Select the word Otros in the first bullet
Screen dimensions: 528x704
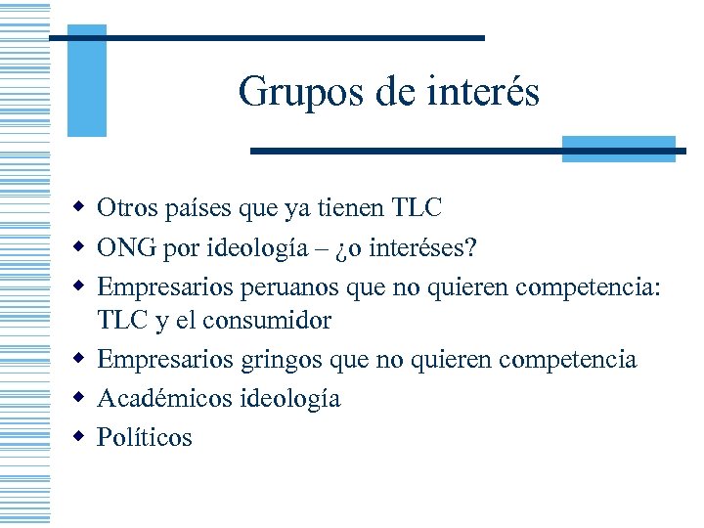point(124,208)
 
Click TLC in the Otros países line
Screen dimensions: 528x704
point(417,208)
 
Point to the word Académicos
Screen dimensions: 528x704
point(165,398)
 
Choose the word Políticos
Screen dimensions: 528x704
point(145,437)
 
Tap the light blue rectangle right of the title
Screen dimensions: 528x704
point(619,149)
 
